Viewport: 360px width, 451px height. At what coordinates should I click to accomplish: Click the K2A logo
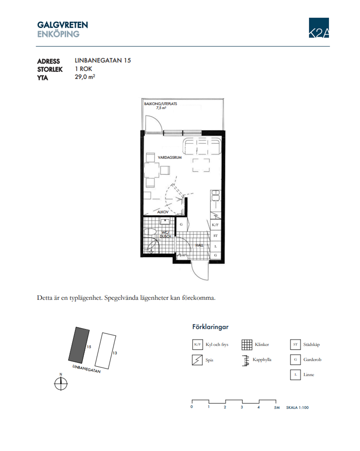319,28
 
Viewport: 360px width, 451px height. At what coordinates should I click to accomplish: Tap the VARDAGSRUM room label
170,157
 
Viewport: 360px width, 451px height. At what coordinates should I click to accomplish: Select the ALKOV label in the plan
163,212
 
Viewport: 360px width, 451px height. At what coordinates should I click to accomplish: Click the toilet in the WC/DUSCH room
150,232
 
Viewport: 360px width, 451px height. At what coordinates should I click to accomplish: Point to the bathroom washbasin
165,221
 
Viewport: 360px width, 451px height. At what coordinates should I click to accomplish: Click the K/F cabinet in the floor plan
215,225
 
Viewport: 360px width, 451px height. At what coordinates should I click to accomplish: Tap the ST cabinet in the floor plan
215,236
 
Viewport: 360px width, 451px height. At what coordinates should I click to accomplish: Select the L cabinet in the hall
215,246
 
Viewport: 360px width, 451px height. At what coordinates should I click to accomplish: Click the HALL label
199,245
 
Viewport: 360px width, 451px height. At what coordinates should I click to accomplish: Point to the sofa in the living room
202,146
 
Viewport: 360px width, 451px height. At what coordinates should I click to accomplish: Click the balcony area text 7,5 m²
161,108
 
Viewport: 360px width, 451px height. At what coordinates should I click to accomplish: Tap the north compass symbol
61,384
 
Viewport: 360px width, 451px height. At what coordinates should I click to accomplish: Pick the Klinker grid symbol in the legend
247,344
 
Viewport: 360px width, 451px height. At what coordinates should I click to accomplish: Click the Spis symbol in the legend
197,360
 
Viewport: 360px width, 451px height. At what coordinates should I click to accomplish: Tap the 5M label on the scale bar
276,408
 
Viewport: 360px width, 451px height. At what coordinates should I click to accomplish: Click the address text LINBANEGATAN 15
103,61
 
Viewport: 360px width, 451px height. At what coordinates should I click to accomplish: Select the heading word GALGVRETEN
63,25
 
